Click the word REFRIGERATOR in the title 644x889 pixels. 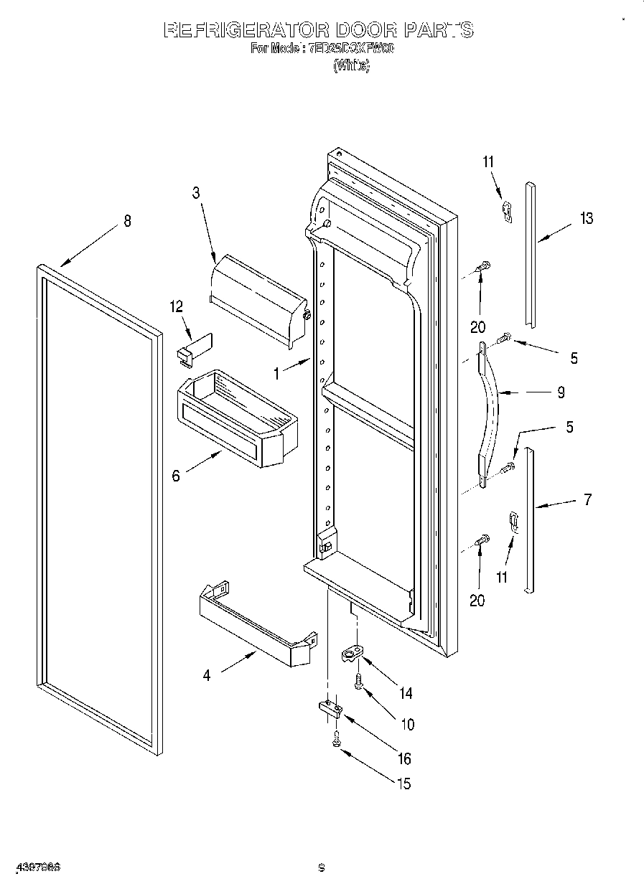[246, 30]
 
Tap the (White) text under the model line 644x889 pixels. [352, 66]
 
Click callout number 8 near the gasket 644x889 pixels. [127, 221]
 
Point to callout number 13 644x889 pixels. [587, 218]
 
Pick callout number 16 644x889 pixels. [404, 758]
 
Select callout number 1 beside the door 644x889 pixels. [276, 373]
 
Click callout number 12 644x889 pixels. [176, 306]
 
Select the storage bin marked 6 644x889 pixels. [237, 419]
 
